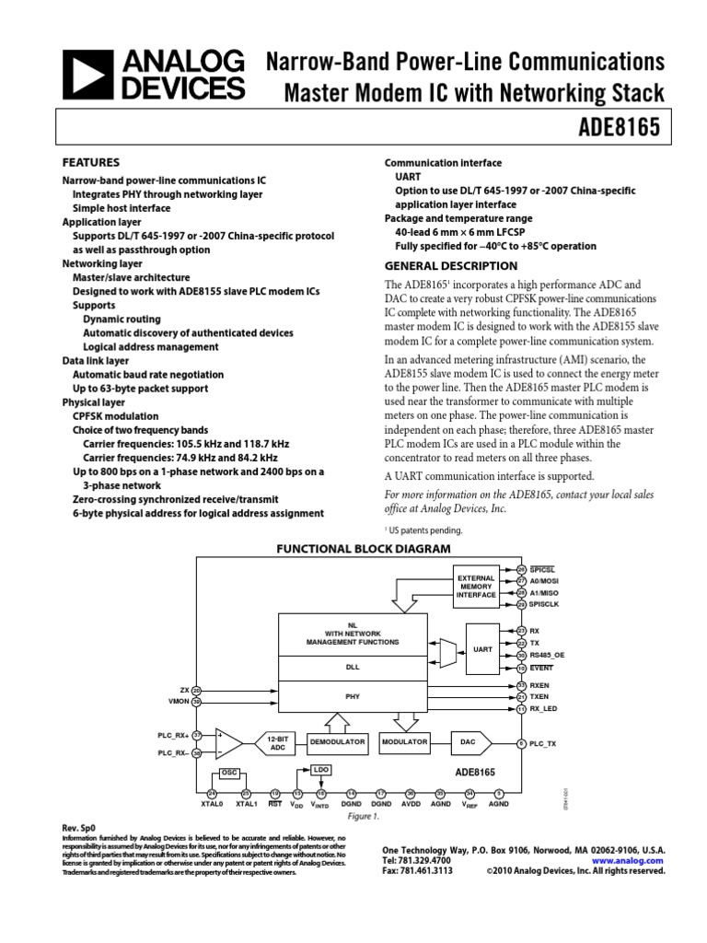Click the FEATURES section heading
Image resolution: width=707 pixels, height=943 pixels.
[90, 161]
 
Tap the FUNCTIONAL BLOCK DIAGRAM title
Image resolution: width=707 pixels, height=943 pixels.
[365, 549]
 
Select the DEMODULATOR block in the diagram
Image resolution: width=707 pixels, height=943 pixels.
[338, 741]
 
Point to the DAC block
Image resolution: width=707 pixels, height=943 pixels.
[468, 741]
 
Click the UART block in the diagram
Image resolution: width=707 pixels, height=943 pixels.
[482, 648]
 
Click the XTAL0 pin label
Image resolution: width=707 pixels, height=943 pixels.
[213, 804]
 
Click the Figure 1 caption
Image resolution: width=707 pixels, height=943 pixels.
[363, 816]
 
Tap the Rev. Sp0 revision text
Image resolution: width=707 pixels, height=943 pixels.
[78, 828]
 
